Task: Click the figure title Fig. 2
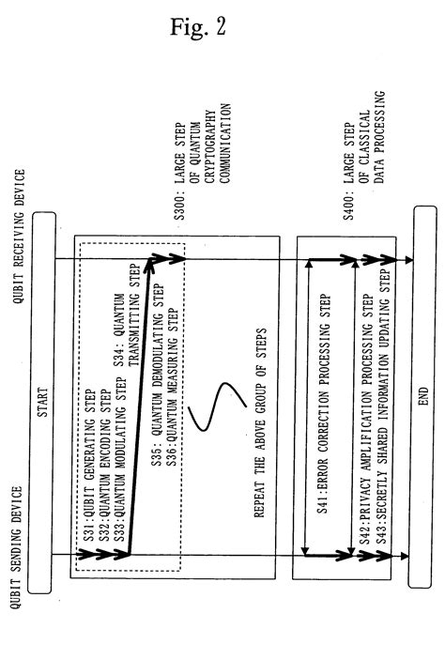pyautogui.click(x=222, y=28)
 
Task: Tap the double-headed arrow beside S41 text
pyautogui.click(x=308, y=413)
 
